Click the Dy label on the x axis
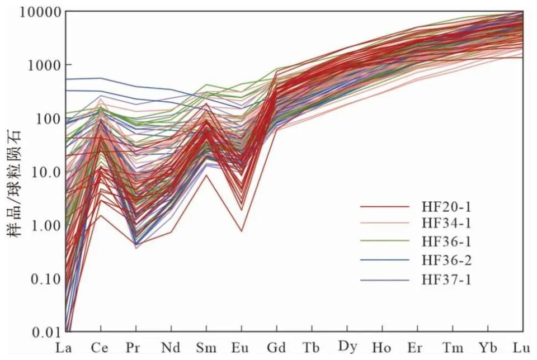pos(347,347)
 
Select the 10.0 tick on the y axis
pos(45,172)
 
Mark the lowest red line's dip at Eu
pos(241,231)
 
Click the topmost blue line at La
pos(67,79)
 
